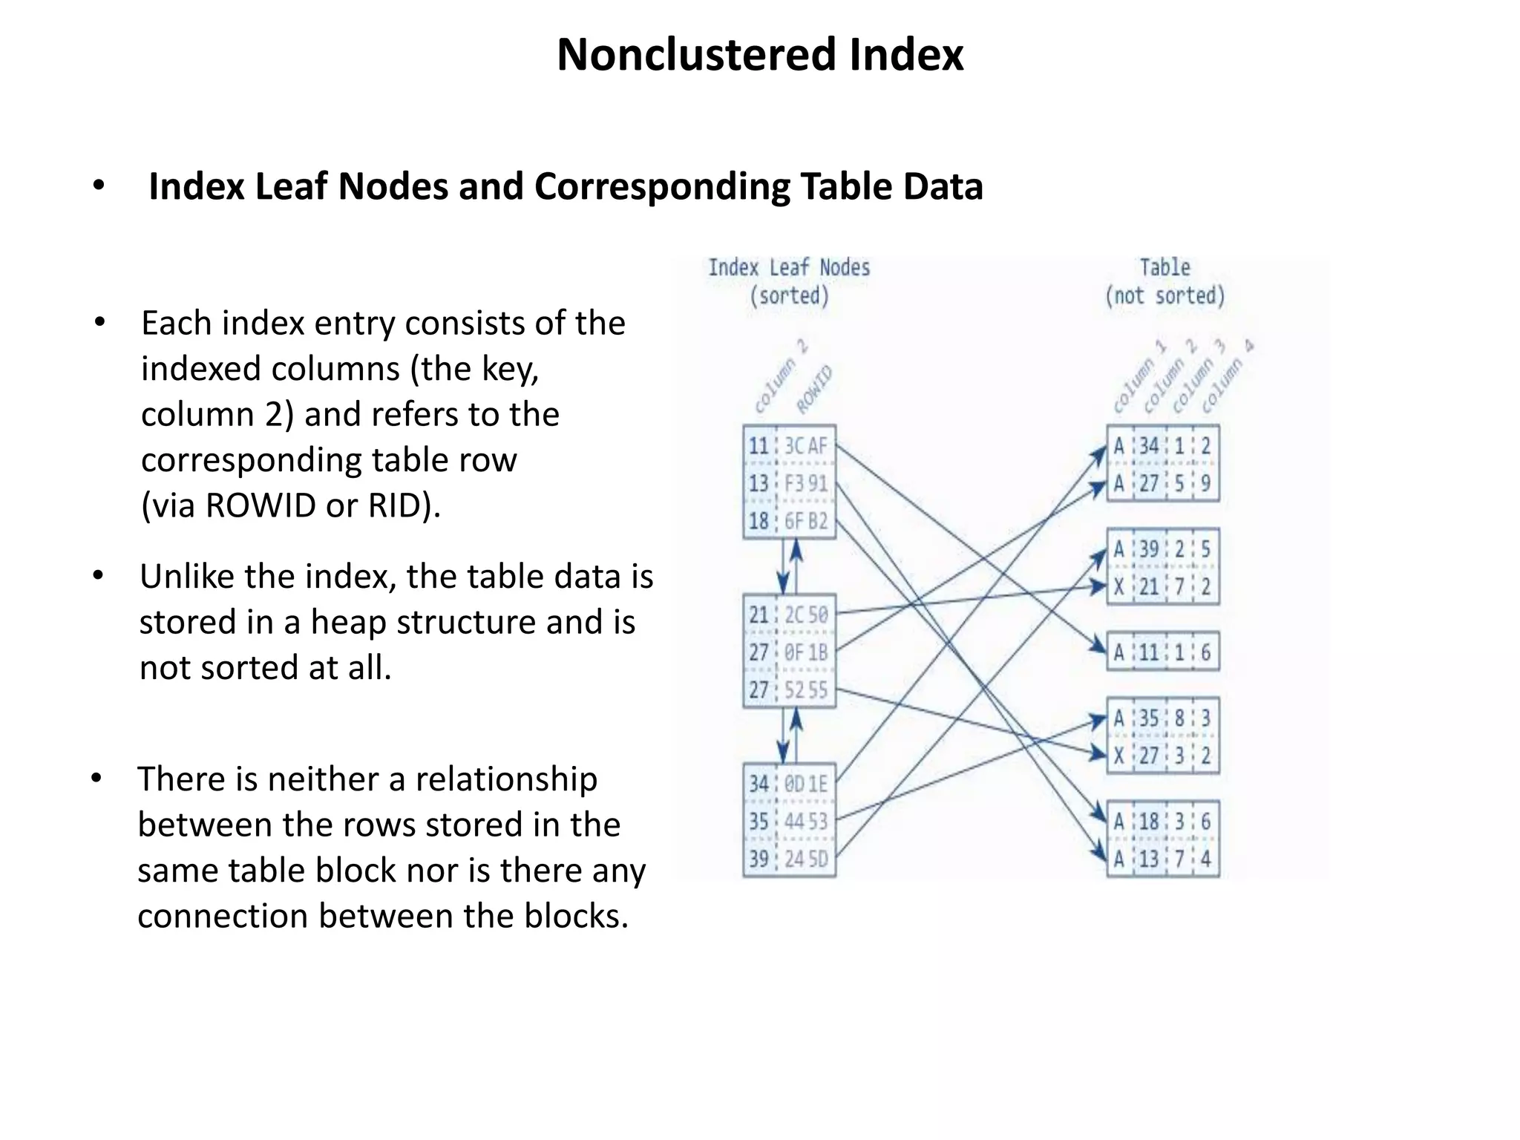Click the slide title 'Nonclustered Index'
pos(759,55)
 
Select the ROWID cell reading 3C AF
pos(806,446)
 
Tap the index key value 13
pos(759,484)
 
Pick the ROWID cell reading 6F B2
pos(806,522)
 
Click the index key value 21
pos(759,615)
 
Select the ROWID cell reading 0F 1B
pos(806,653)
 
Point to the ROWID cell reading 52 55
pos(806,691)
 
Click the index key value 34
pos(759,784)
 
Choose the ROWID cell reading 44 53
pos(806,822)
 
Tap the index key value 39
pos(759,859)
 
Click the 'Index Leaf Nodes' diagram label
pos(788,268)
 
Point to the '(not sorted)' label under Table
pos(1164,296)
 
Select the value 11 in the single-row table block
pos(1149,653)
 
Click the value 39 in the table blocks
pos(1149,550)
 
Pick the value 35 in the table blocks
pos(1149,718)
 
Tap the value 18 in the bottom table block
pos(1149,822)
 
